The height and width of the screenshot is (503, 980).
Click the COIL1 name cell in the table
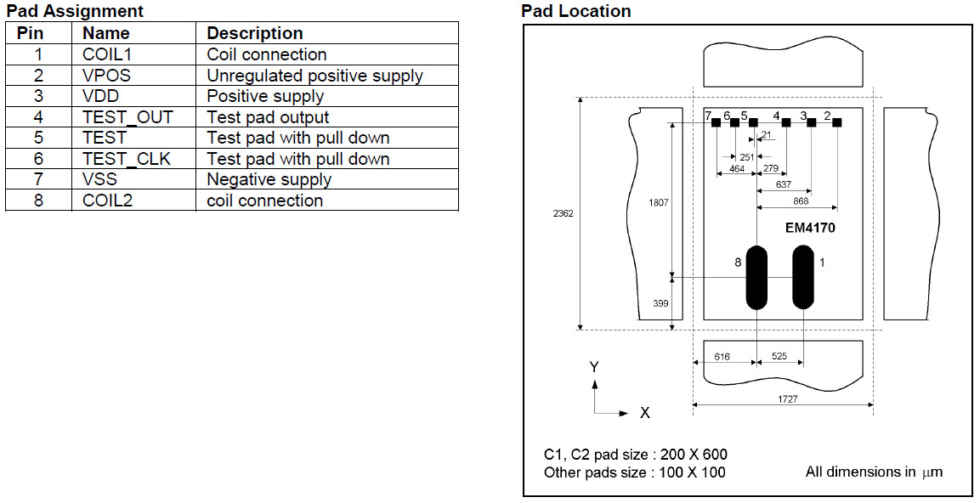point(108,54)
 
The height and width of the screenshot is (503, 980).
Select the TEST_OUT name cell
point(127,117)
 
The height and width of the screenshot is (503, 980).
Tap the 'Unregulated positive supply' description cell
point(314,76)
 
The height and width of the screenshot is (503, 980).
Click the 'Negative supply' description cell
point(269,179)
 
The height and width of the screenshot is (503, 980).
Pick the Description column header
point(255,33)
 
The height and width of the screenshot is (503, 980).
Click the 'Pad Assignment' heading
point(75,11)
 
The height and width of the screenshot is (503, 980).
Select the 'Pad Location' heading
point(575,11)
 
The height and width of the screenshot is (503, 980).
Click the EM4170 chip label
point(811,229)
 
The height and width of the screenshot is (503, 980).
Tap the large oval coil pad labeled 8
point(756,278)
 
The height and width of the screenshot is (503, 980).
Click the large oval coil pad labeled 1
point(802,278)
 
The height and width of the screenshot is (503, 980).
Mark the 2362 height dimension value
point(563,213)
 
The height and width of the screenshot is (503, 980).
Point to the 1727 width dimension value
point(787,398)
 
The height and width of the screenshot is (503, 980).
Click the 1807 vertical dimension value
point(659,203)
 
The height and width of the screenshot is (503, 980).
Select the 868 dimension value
point(800,201)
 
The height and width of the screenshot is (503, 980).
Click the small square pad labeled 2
point(837,123)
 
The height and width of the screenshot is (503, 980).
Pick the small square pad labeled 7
point(716,123)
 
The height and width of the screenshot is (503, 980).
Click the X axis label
point(644,413)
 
